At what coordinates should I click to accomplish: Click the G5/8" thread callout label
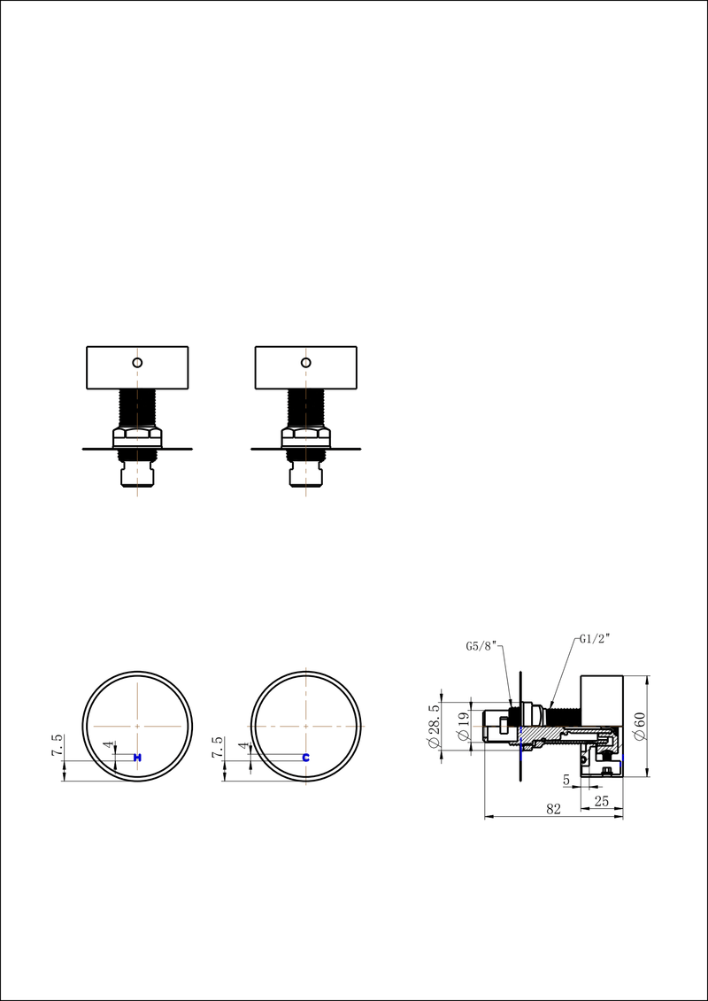(x=482, y=647)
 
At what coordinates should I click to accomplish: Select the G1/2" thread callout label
(x=596, y=638)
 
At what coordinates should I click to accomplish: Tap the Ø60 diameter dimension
(x=639, y=726)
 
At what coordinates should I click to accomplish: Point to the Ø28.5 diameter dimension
(x=434, y=726)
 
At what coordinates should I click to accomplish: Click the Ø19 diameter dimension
(x=463, y=727)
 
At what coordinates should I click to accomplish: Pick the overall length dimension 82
(x=554, y=809)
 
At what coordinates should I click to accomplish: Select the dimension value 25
(x=602, y=800)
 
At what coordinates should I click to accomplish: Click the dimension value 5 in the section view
(x=566, y=780)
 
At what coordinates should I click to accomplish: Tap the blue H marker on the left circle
(x=137, y=758)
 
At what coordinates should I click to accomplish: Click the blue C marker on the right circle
(x=305, y=758)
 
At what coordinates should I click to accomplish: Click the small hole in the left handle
(x=137, y=362)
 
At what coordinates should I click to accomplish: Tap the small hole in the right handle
(x=305, y=362)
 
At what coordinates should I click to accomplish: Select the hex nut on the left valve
(x=137, y=436)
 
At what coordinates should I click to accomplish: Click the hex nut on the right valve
(x=305, y=436)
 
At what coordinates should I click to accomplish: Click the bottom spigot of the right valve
(x=305, y=475)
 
